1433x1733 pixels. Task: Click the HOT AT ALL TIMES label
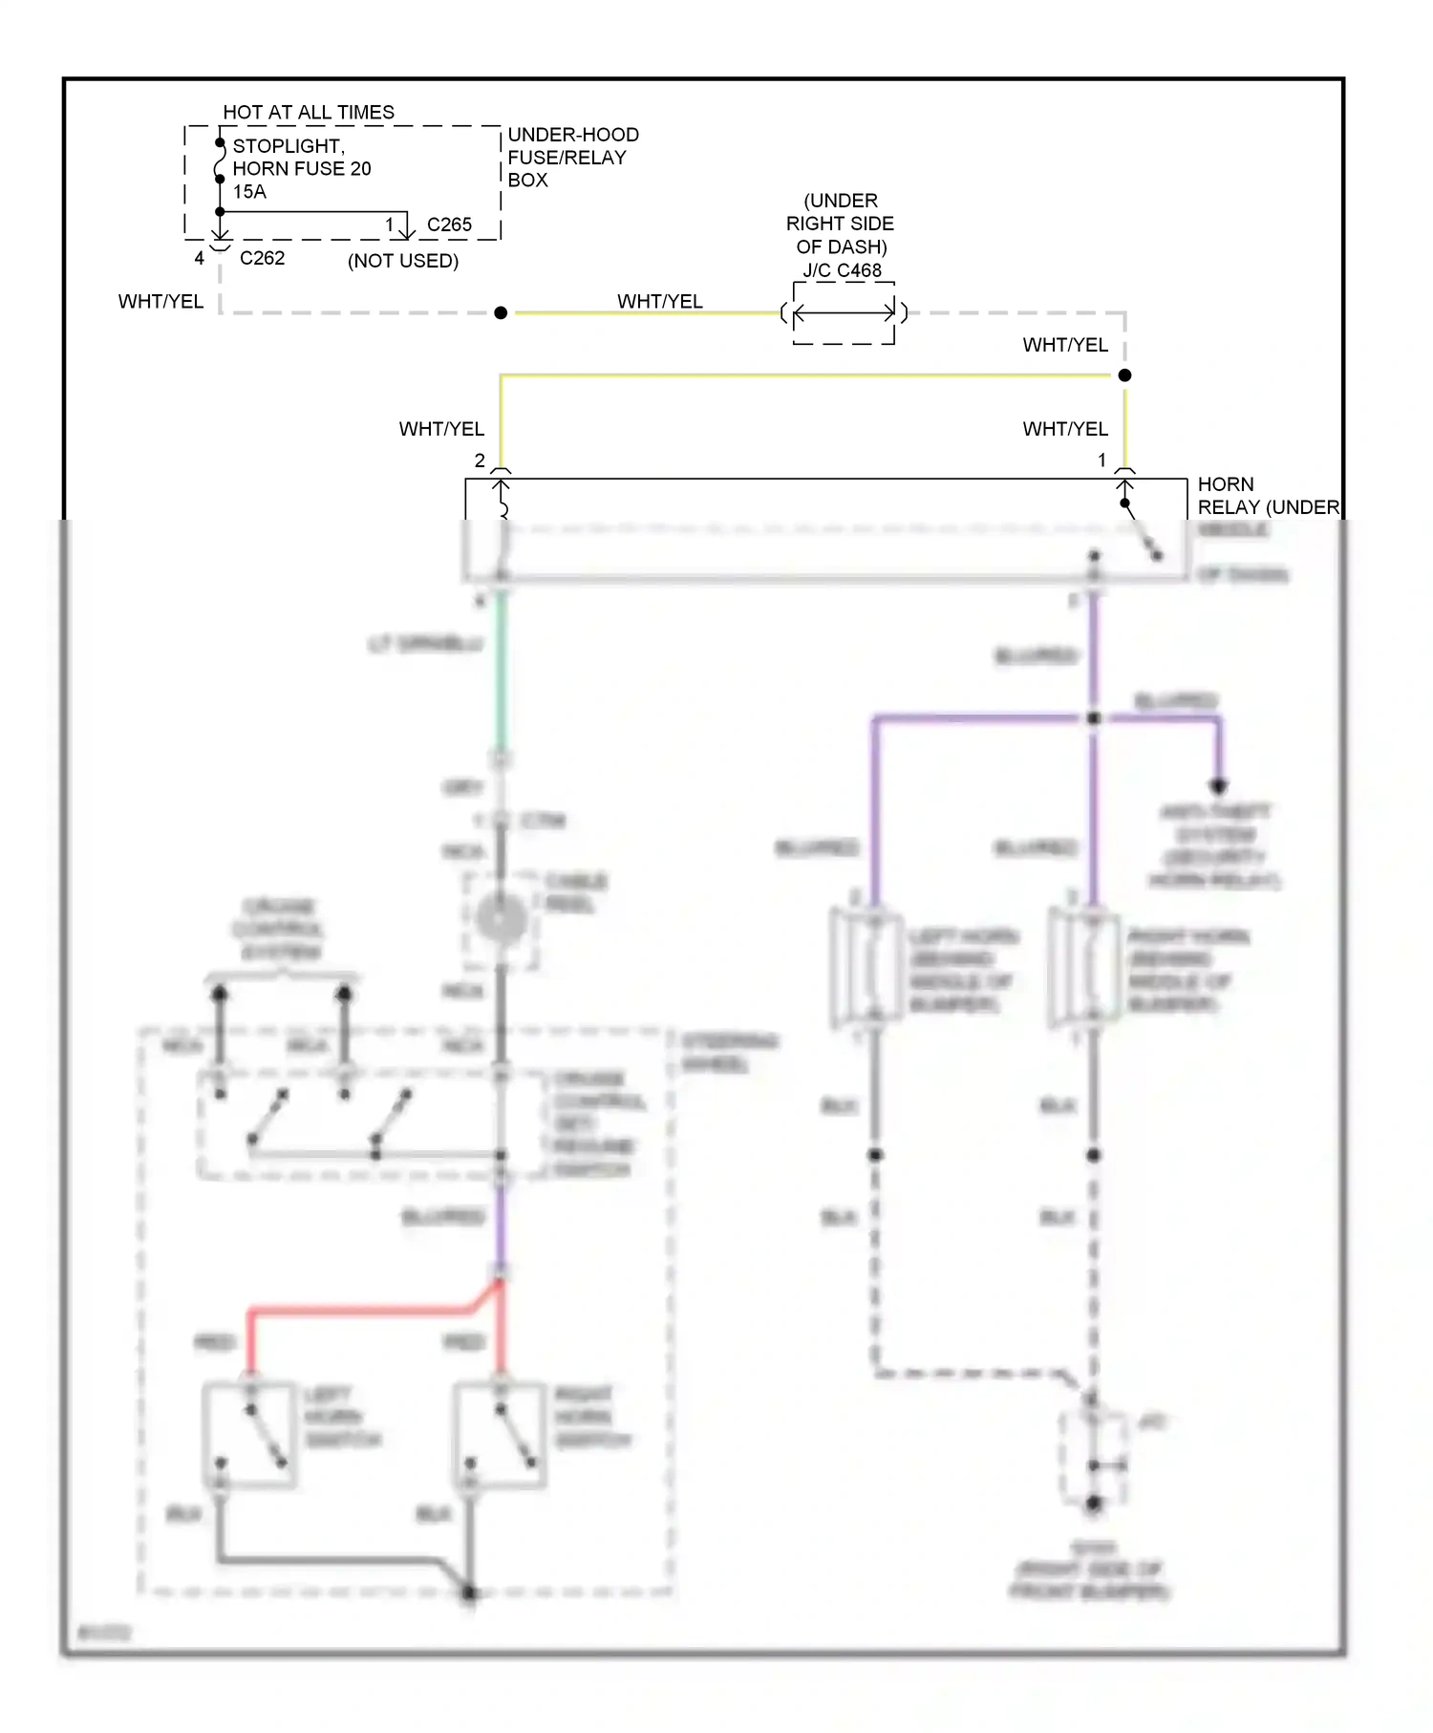(308, 112)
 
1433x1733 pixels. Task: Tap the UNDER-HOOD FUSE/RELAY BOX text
(571, 157)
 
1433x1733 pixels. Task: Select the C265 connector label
(448, 225)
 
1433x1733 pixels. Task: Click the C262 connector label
(262, 258)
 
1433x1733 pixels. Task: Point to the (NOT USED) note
(402, 261)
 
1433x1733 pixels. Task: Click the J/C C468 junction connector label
(842, 270)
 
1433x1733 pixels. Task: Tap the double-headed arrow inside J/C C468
(844, 312)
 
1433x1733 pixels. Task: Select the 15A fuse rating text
(249, 191)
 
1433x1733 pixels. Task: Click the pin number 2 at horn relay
(480, 460)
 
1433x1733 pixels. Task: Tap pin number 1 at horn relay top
(1101, 460)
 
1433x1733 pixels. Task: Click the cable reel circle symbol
(501, 920)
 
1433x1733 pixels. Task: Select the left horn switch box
(249, 1433)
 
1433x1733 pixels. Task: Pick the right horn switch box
(500, 1433)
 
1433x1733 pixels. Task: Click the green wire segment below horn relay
(501, 669)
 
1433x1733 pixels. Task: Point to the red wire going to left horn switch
(363, 1311)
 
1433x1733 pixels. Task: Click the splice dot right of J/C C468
(1124, 375)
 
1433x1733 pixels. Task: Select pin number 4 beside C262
(199, 258)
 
